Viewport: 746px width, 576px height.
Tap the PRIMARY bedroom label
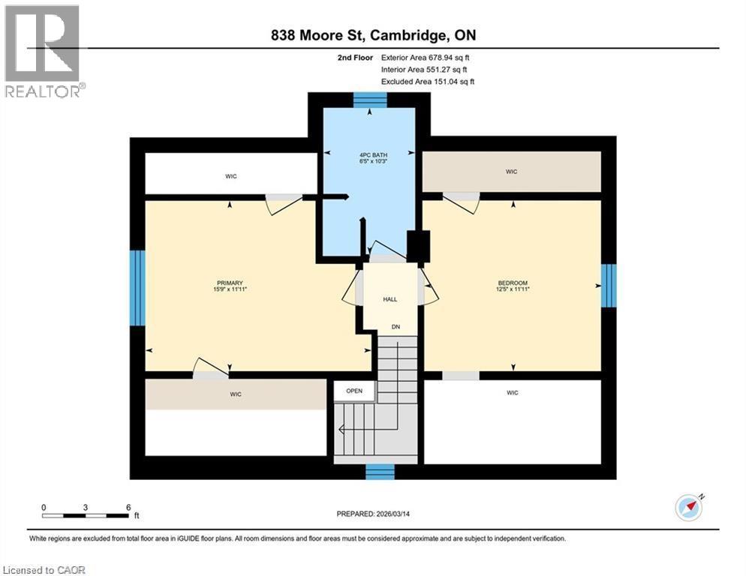[x=231, y=283]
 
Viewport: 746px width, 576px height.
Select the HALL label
[x=390, y=299]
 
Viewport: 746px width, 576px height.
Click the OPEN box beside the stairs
[x=354, y=391]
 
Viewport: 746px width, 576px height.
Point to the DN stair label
[x=394, y=326]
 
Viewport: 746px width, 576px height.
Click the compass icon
[x=688, y=508]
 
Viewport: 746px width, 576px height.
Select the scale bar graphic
[x=86, y=515]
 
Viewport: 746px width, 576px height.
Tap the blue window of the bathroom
[x=369, y=100]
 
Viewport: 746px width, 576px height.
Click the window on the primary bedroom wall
[x=137, y=288]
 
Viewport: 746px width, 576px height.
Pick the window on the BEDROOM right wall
[x=609, y=286]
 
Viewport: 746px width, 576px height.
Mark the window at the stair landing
[x=380, y=471]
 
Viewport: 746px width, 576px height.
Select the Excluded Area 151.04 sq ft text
[x=428, y=81]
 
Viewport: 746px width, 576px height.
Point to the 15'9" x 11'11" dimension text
[x=231, y=289]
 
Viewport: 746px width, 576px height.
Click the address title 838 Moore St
[x=372, y=35]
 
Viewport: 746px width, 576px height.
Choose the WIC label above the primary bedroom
[x=231, y=176]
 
